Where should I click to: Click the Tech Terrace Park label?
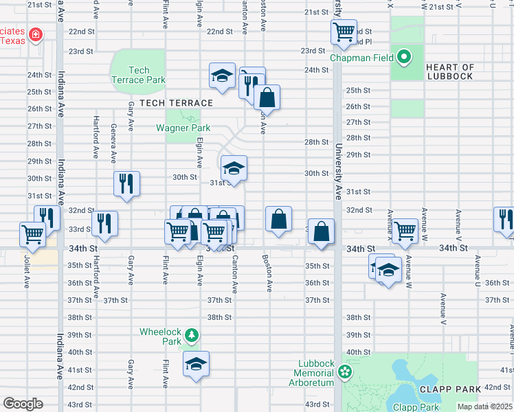(138, 75)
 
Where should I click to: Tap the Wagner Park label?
(178, 127)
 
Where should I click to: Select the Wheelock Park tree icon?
(193, 336)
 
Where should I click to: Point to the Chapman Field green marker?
(405, 56)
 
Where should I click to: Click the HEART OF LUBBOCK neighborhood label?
(449, 71)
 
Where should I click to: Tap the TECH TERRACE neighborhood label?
(176, 103)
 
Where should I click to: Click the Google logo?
(23, 404)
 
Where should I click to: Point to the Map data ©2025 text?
(484, 407)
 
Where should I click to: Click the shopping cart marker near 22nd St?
(343, 30)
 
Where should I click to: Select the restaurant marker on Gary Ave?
(126, 183)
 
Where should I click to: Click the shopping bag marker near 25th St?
(267, 97)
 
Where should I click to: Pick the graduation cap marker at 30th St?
(234, 168)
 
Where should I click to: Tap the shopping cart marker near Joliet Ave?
(32, 235)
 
